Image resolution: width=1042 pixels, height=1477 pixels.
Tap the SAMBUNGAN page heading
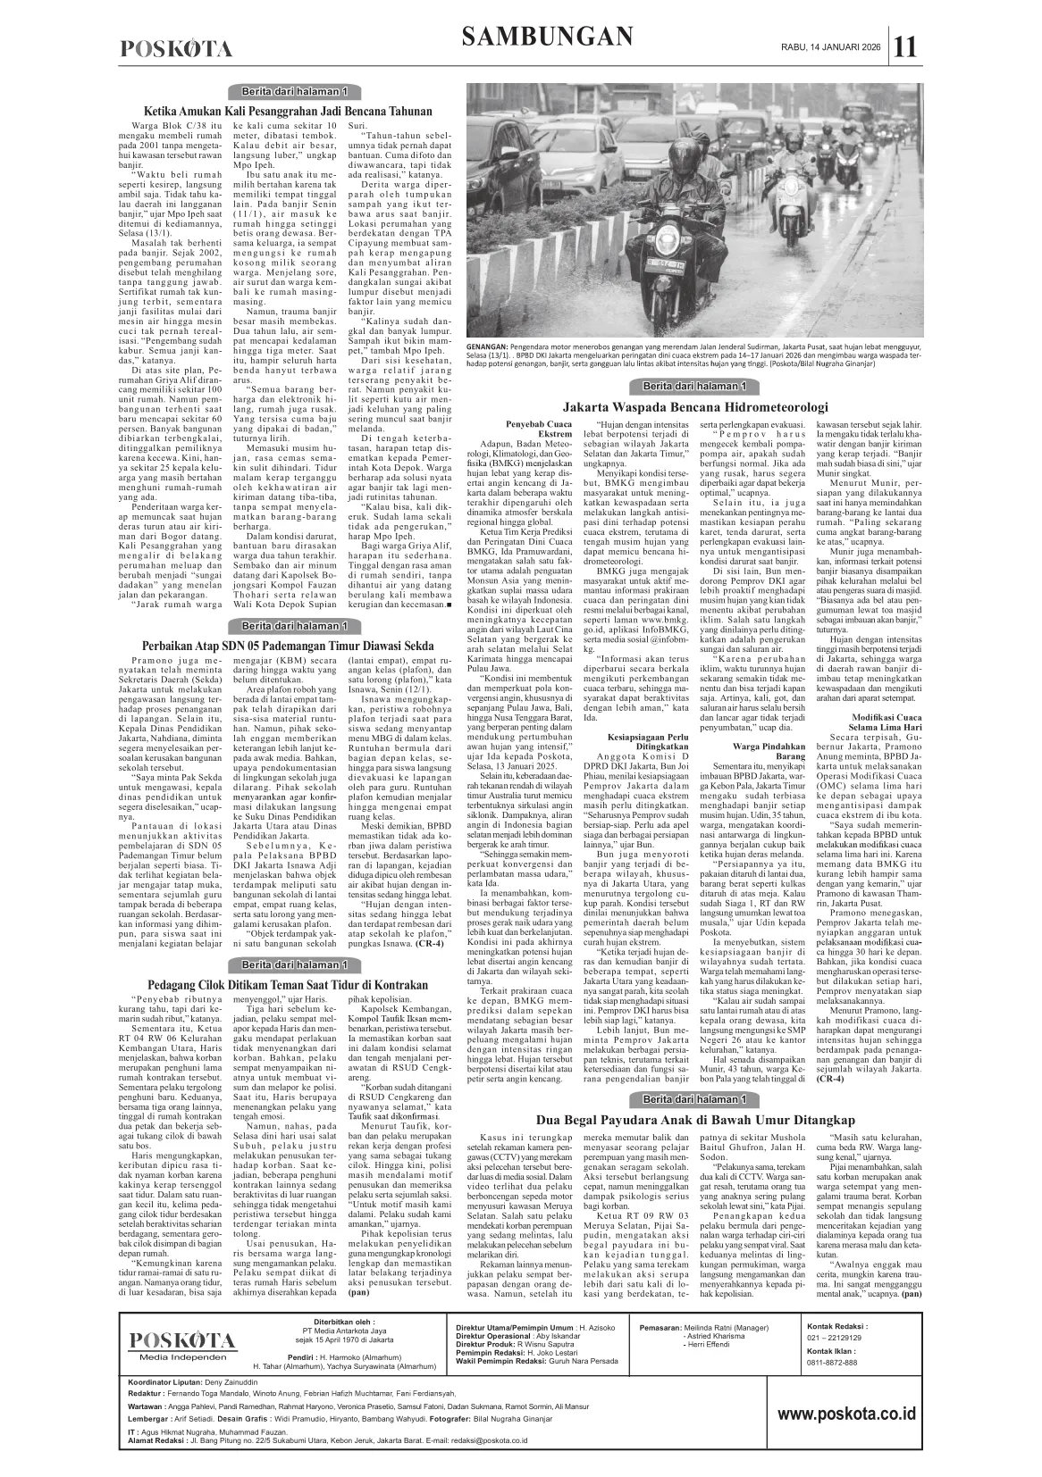click(548, 37)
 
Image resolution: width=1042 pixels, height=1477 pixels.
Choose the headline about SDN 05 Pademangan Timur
click(288, 646)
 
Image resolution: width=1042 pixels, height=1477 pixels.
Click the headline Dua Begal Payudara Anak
click(695, 1120)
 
